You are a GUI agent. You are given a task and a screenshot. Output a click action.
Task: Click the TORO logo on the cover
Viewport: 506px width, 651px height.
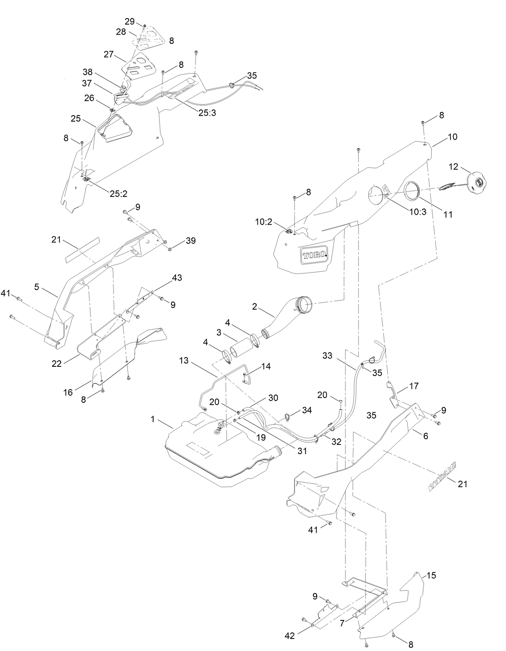click(315, 255)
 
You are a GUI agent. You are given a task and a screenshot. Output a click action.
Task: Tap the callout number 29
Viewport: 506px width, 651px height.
click(129, 21)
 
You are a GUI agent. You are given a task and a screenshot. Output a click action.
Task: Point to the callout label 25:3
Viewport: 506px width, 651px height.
click(207, 113)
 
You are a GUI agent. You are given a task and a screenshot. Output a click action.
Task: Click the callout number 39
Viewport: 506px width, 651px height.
click(190, 241)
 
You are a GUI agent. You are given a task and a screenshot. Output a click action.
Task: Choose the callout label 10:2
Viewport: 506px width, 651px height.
click(264, 221)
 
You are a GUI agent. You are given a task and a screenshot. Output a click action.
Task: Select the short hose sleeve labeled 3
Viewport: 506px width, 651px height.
click(240, 347)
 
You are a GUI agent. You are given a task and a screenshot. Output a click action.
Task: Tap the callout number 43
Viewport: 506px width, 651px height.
click(177, 278)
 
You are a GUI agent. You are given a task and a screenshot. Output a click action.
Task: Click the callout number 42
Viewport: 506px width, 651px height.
click(290, 636)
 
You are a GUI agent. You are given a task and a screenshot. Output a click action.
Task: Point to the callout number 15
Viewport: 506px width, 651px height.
click(431, 576)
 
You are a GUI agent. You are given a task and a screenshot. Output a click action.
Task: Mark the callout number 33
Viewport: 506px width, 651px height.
click(328, 355)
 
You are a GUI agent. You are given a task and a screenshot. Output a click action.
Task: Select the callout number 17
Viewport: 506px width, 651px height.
click(413, 386)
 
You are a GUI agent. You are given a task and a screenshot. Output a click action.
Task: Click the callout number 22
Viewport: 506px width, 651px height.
click(57, 363)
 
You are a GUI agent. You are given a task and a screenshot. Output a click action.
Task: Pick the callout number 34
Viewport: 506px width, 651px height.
click(307, 410)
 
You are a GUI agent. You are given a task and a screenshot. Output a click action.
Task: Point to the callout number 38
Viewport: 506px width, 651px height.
click(87, 72)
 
